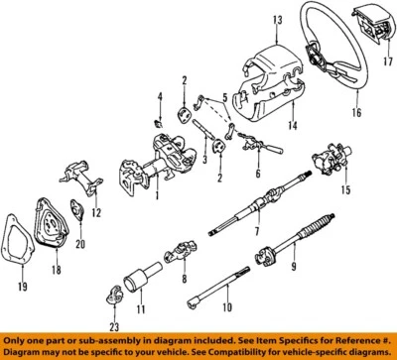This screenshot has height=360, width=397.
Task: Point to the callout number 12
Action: click(96, 212)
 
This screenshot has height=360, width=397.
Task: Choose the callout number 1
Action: click(156, 194)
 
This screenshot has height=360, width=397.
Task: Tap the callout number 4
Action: click(157, 96)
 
